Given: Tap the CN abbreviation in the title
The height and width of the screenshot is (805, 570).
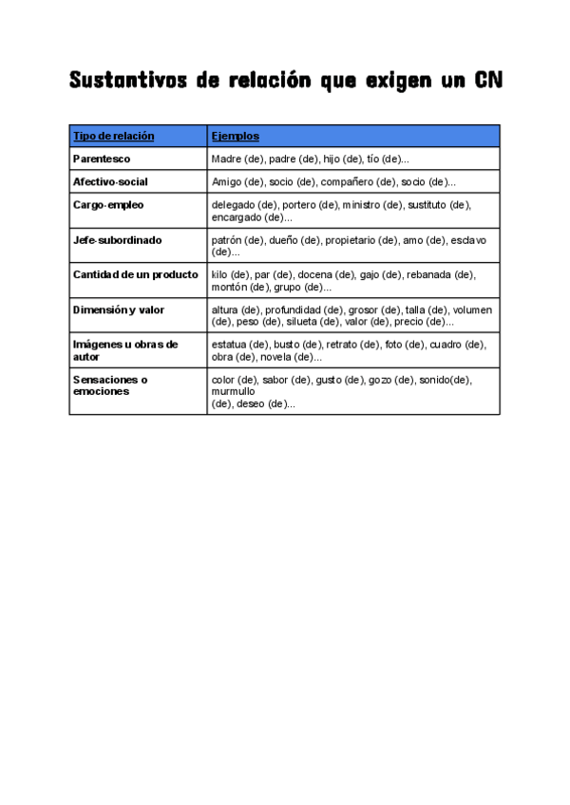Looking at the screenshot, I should pos(485,82).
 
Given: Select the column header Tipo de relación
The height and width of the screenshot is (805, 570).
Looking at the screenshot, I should pos(113,136).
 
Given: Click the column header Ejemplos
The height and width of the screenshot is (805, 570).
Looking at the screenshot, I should pos(236,136).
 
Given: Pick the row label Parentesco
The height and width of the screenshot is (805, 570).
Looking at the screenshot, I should pos(102,159).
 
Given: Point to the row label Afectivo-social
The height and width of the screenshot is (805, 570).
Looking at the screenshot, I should pos(110,181).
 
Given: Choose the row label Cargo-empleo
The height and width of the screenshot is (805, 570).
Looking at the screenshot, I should pos(108,204).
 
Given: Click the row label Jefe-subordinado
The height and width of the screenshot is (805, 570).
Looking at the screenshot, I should pos(118,240).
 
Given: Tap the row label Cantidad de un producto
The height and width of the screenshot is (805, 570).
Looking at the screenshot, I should pos(136,274).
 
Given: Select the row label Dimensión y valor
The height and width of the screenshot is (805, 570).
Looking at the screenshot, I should pos(119,309).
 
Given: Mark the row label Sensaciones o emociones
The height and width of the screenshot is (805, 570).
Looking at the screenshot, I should pos(110,384).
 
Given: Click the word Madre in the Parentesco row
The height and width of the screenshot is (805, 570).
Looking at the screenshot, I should pos(226,159).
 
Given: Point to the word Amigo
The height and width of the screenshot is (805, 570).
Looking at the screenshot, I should pos(226,181).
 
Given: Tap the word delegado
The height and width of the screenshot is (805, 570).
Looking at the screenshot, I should pos(234,204).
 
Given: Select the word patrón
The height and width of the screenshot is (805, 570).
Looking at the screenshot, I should pos(227,240).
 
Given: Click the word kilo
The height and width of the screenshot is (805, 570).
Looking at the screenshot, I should pos(220,274).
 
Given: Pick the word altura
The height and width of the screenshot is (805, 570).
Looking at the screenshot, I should pos(224,309).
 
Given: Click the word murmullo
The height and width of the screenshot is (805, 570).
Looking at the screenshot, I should pos(234,391).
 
